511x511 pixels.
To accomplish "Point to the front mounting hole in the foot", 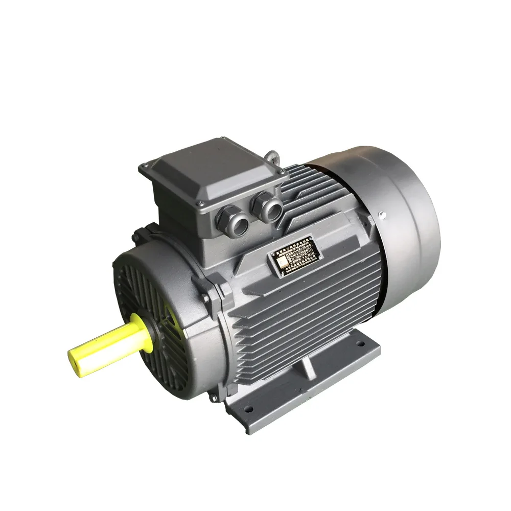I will [250, 409].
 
